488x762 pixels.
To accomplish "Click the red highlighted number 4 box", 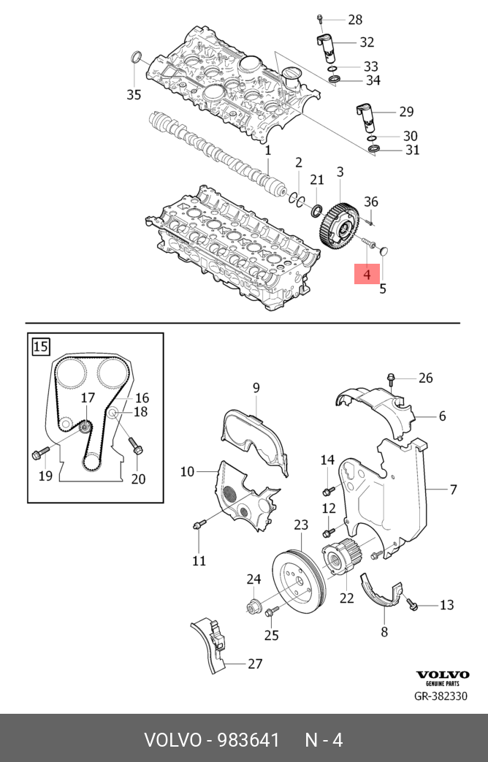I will coord(367,275).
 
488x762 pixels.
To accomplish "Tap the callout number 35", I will coord(133,94).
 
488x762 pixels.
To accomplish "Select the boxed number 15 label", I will coord(41,346).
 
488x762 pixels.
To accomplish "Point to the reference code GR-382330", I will coord(441,696).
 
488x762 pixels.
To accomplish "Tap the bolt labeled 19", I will coord(41,454).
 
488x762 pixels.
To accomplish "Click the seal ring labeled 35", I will coord(135,58).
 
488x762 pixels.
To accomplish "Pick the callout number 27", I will coord(254,663).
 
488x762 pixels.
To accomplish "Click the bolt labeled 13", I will coord(412,606).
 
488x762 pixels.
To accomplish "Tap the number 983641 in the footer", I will coord(244,740).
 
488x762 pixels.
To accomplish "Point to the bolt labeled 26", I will coord(392,378).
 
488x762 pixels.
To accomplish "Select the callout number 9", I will coord(256,387).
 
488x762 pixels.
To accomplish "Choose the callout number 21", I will coord(316,180).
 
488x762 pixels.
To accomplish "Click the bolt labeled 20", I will coord(136,447).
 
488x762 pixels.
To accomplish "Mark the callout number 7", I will coord(453,489).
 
